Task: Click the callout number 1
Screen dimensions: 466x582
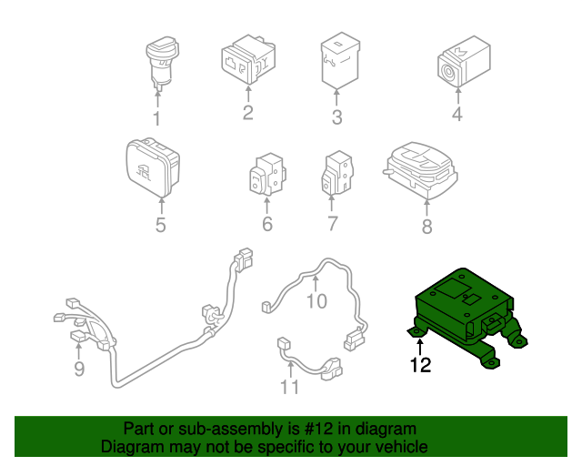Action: [x=156, y=119]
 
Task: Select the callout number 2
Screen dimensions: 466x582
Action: [x=247, y=113]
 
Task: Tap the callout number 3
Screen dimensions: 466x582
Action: [x=336, y=117]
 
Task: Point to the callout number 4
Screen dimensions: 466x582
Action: [x=457, y=115]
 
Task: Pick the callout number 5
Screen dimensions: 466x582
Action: [x=160, y=224]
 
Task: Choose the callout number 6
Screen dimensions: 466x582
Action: [x=267, y=224]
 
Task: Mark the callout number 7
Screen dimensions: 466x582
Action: [x=333, y=224]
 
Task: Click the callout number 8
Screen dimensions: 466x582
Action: [x=426, y=228]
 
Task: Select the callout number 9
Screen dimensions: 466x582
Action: [x=79, y=369]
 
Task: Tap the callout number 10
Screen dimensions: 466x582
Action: [x=316, y=301]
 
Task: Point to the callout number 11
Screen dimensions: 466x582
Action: [x=289, y=389]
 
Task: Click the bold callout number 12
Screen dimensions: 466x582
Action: [x=420, y=367]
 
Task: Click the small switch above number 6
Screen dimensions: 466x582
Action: [x=266, y=173]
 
